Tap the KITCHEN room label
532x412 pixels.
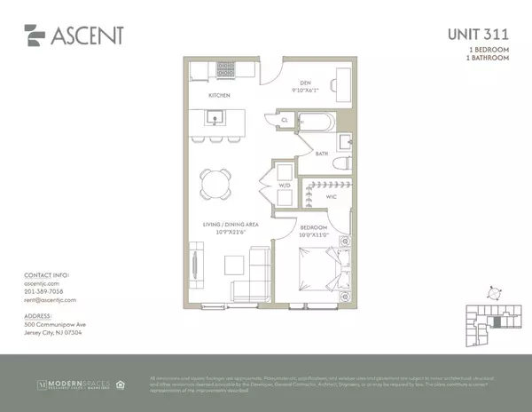point(220,94)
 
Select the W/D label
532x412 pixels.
point(285,186)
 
